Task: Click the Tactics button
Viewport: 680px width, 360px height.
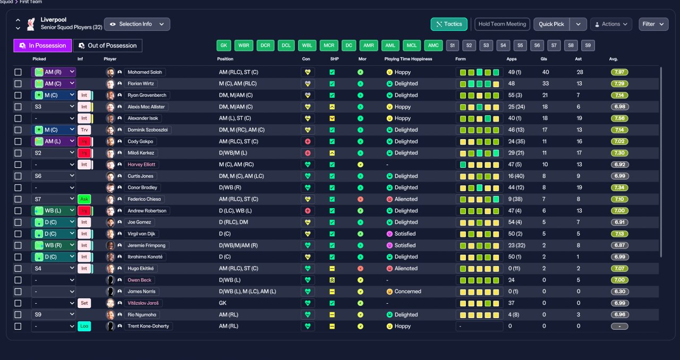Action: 449,24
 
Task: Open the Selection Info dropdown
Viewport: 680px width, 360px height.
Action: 137,24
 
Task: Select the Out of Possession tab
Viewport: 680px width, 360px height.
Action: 107,46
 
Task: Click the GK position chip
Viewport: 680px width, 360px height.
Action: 224,46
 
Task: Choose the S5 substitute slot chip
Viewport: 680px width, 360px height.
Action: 520,46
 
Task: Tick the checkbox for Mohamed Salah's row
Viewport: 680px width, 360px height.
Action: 18,72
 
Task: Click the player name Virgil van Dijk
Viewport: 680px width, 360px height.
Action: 141,234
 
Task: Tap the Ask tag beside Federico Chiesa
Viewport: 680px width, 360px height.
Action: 84,199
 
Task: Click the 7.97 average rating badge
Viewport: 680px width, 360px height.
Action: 619,72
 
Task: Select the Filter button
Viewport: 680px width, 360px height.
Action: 653,24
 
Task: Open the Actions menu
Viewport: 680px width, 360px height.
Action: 611,24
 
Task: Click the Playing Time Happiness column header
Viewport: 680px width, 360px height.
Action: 408,59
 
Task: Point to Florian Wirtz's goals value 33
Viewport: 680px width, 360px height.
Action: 546,83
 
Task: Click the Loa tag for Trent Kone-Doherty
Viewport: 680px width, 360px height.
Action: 84,326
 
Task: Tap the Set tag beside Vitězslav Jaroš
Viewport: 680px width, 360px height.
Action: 84,303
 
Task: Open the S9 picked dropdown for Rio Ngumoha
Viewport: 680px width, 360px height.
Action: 54,314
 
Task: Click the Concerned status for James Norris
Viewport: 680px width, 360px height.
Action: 407,292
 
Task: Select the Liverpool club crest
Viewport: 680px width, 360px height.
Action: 31,24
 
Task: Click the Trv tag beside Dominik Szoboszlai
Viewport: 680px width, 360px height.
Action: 84,130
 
